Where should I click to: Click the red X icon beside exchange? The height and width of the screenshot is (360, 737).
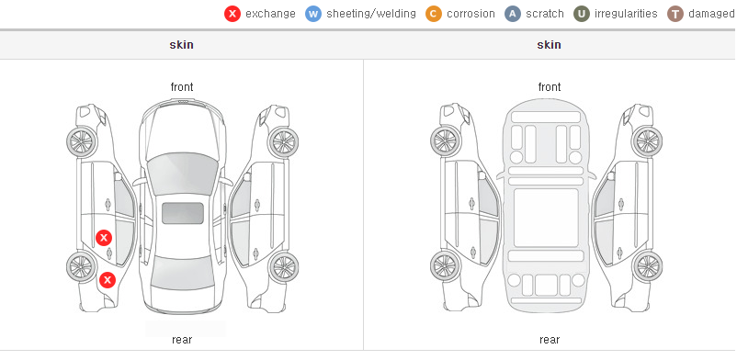click(x=232, y=14)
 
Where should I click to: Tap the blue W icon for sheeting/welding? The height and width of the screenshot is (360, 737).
click(x=313, y=14)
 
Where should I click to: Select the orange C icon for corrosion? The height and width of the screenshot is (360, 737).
click(x=434, y=14)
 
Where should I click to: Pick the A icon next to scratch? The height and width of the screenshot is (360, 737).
click(x=513, y=14)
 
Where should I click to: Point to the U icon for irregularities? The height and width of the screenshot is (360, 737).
click(x=582, y=14)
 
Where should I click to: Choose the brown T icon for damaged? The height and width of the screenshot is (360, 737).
click(x=675, y=14)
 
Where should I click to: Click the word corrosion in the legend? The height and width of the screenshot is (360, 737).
click(x=471, y=14)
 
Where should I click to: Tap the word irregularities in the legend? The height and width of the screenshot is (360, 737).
click(x=626, y=14)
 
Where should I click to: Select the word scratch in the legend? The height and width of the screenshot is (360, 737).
click(x=545, y=14)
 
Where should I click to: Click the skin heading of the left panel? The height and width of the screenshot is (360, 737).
click(x=181, y=45)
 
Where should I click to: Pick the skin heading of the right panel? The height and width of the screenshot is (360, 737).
click(x=549, y=45)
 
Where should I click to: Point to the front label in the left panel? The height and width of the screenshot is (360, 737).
click(x=182, y=87)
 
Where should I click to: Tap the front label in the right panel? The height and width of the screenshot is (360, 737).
click(x=550, y=87)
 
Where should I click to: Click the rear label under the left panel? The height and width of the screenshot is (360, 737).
click(x=182, y=340)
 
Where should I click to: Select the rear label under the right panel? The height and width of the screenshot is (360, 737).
click(x=550, y=340)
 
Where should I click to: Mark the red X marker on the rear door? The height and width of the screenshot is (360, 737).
click(x=104, y=238)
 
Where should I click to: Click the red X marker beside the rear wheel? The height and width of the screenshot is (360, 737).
click(x=108, y=280)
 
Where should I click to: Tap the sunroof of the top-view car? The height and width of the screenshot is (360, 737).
click(x=183, y=213)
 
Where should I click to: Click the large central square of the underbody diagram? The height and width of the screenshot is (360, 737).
click(x=546, y=218)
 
